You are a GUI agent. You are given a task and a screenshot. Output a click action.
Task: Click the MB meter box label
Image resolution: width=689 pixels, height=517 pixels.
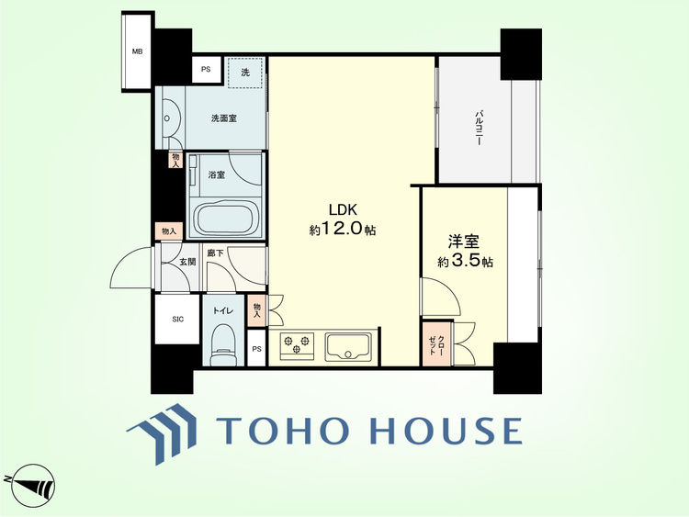[138, 51]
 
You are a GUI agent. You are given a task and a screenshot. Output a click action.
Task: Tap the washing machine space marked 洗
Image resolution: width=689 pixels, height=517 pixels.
[244, 73]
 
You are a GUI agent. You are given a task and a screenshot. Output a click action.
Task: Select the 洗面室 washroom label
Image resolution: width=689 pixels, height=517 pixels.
[224, 118]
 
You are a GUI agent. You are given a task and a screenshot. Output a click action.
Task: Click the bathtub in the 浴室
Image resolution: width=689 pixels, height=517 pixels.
[227, 219]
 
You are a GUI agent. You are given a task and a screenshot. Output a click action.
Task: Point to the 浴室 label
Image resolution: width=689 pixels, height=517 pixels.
[217, 174]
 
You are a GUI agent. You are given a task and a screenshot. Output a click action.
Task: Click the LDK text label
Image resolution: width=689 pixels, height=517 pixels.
[344, 209]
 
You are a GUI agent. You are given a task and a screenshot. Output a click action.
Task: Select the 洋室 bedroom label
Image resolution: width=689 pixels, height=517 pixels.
[464, 242]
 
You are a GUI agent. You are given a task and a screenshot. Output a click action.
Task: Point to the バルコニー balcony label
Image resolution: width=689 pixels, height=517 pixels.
[478, 129]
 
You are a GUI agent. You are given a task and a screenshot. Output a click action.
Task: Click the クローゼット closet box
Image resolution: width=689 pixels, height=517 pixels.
[436, 344]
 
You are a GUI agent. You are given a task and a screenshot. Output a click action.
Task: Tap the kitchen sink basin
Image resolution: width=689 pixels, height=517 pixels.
[348, 346]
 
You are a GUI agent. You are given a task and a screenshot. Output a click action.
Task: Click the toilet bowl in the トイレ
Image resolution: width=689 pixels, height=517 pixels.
[223, 344]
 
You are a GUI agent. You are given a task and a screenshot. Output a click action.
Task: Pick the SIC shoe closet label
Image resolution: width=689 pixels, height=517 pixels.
[177, 320]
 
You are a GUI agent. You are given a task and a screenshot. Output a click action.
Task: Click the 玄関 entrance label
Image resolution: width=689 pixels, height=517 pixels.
[187, 263]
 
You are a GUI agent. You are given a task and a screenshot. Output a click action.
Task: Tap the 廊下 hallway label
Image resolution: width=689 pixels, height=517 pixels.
[215, 253]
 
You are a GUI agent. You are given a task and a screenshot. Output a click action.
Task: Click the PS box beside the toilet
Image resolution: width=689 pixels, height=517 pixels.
[256, 349]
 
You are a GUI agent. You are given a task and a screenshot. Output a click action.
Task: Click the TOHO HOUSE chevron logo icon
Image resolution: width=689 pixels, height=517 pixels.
[162, 433]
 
